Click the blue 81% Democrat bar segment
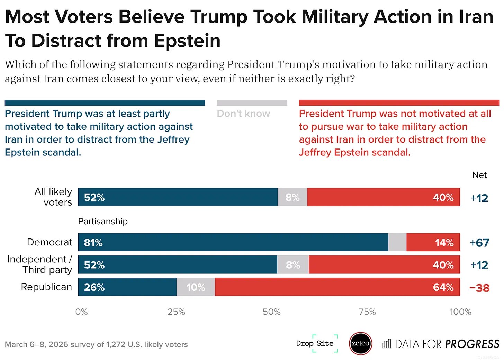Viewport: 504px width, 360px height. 233,242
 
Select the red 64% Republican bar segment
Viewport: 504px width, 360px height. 337,287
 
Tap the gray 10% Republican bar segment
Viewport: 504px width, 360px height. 196,287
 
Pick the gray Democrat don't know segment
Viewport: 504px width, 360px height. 397,242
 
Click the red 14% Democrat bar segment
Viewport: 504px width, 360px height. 433,242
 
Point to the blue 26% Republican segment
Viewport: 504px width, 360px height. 127,287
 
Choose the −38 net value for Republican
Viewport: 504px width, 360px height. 479,288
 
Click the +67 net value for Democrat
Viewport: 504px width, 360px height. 479,243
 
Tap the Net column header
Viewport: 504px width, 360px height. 479,175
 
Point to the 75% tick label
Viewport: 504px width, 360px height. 367,312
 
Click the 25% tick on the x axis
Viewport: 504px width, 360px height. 176,312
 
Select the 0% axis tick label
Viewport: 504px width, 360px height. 81,312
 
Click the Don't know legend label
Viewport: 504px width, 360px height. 243,114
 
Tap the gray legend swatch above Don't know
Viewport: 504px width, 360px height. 252,103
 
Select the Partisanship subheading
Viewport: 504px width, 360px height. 103,222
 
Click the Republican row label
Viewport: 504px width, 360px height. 46,287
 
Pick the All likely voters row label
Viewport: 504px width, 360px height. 53,197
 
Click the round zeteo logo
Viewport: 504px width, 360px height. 360,343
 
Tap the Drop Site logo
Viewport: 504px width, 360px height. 315,343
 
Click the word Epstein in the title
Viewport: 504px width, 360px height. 187,41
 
